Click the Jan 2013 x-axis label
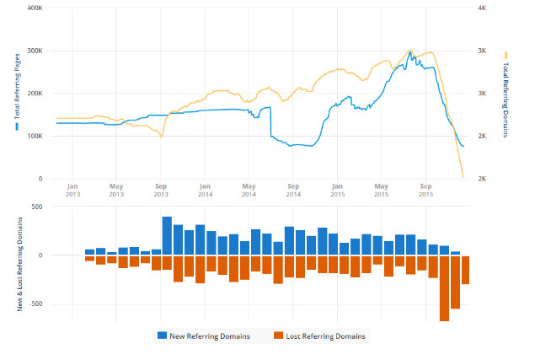coord(72,190)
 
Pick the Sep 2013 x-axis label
coord(161,190)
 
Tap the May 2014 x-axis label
coord(249,190)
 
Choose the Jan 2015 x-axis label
coord(337,190)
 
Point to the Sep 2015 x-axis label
coord(425,190)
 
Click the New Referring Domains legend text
coord(210,336)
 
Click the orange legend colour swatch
coord(279,336)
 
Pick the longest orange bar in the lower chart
coord(444,287)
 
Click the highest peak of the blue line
coord(410,52)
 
